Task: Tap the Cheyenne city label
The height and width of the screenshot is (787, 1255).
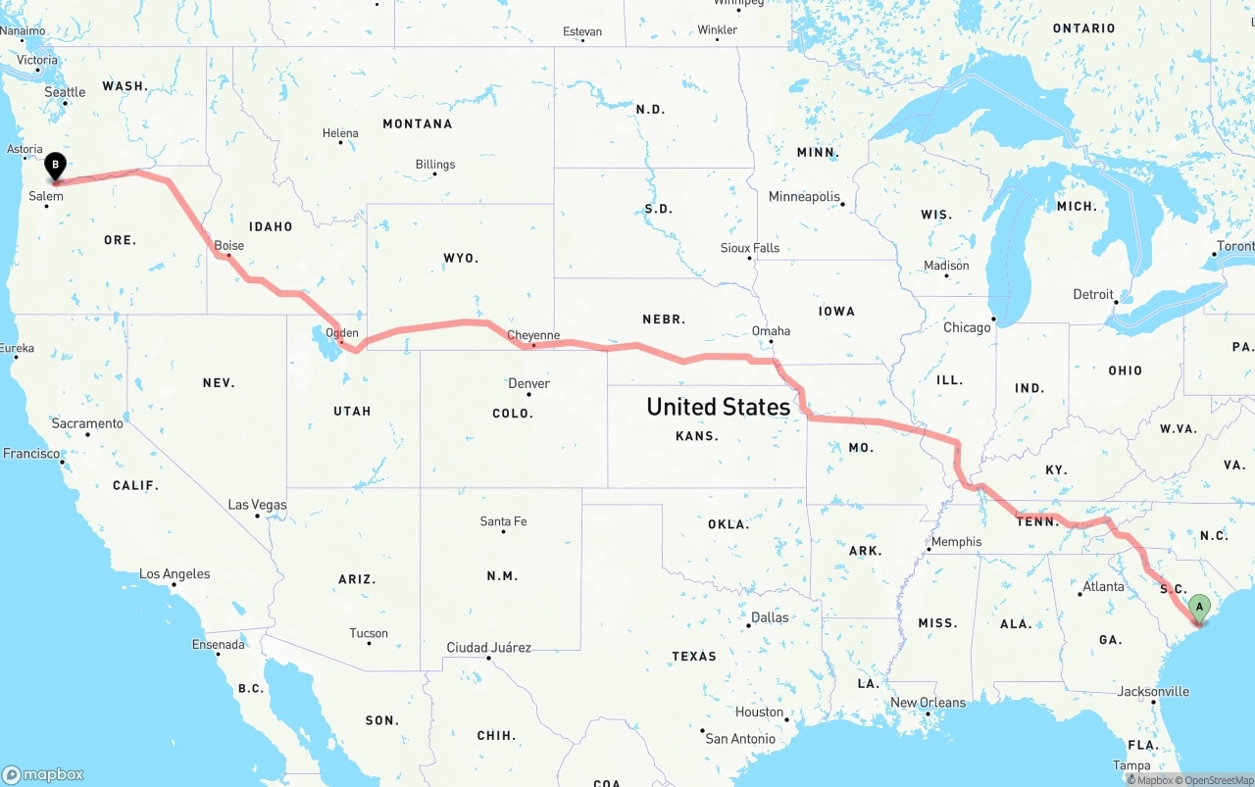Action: pyautogui.click(x=533, y=335)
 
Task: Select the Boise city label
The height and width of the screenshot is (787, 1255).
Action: pyautogui.click(x=229, y=246)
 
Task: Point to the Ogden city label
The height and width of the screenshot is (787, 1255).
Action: pyautogui.click(x=342, y=333)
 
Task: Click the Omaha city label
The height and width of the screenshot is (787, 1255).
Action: pyautogui.click(x=771, y=331)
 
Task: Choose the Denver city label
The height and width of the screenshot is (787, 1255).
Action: pyautogui.click(x=528, y=383)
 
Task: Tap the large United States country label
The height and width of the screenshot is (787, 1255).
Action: pyautogui.click(x=718, y=407)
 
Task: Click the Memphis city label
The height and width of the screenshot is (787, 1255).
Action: pyautogui.click(x=956, y=542)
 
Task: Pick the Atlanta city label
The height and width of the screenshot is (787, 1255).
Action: pyautogui.click(x=1103, y=587)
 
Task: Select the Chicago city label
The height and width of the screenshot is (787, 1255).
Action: pyautogui.click(x=967, y=327)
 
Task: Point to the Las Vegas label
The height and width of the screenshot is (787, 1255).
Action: pyautogui.click(x=258, y=505)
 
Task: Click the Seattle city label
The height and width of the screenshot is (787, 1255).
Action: pyautogui.click(x=66, y=92)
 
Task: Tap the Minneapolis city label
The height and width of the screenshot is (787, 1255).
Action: pyautogui.click(x=804, y=197)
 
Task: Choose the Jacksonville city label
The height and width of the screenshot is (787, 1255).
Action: pyautogui.click(x=1153, y=691)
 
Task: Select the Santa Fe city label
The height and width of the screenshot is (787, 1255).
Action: pyautogui.click(x=503, y=521)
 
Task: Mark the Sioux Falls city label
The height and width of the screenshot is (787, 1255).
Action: pyautogui.click(x=750, y=248)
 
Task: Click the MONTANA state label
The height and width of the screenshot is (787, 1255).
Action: pyautogui.click(x=418, y=123)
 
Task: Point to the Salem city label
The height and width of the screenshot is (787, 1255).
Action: pyautogui.click(x=46, y=196)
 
